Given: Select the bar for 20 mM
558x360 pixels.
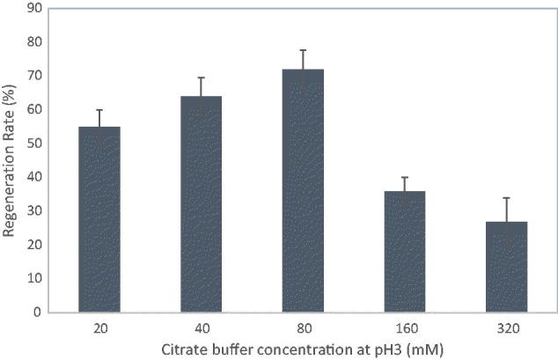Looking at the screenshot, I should (99, 219).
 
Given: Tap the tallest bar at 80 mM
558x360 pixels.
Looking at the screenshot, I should (303, 190).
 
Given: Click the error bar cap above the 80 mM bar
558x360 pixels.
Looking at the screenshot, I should (303, 50).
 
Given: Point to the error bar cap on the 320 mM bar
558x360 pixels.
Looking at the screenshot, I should (505, 198).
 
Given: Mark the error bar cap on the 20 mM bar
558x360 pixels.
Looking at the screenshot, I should (99, 110).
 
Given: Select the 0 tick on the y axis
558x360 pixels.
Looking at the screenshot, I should (37, 312).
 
